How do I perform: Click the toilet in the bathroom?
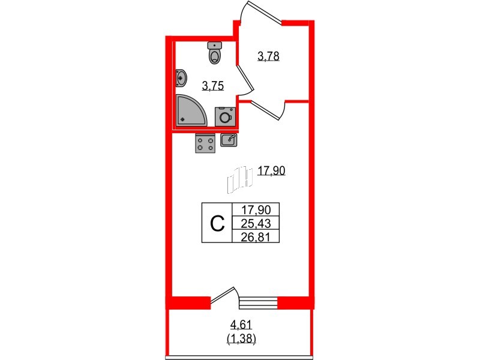point(215,53)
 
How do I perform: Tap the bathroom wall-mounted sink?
point(181,79)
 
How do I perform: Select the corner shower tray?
point(191,110)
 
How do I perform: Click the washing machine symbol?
point(226,116)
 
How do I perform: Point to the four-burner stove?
point(205,143)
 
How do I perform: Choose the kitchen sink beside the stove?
point(229,140)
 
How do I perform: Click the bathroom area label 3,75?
point(213,86)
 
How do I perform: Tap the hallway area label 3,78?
point(268,56)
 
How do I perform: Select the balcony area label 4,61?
point(241,324)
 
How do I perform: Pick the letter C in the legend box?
point(217,224)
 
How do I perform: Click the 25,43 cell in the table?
point(256,224)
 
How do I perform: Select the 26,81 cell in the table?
point(256,236)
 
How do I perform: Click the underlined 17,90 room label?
point(272,170)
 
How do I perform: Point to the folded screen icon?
point(239,180)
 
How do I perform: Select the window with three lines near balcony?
point(258,302)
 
